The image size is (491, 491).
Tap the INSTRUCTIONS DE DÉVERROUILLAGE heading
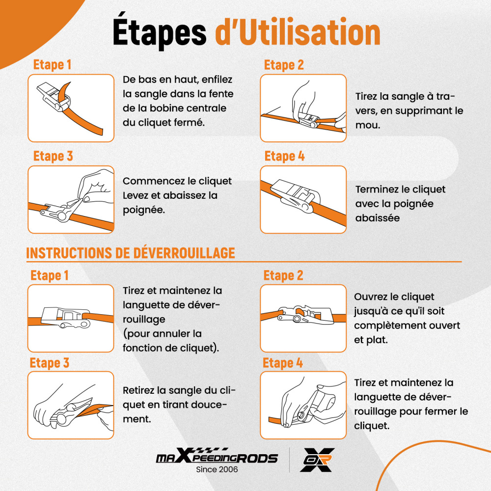point(130,253)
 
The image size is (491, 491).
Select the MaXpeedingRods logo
point(217,456)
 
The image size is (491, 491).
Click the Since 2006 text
point(217,469)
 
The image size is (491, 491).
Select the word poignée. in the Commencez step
point(144,210)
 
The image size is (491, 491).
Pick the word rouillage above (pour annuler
point(144,320)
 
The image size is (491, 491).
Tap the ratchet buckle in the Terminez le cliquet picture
point(296,196)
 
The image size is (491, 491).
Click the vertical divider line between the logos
point(289,460)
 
